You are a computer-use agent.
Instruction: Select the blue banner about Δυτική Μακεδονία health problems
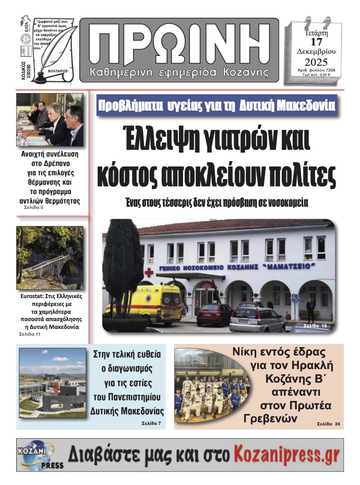pos(216,105)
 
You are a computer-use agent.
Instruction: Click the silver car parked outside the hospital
pos(257,319)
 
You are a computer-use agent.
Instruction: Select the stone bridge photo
pos(50,257)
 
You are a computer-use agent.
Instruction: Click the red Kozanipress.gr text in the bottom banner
pos(286,454)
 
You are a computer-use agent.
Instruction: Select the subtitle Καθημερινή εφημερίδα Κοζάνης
pos(179,71)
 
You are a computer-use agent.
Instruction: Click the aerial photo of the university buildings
pos(52,383)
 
